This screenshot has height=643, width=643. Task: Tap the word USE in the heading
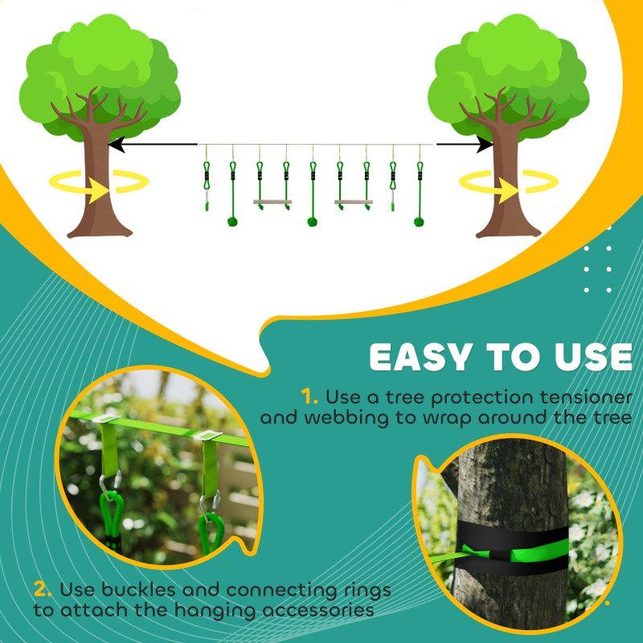click(x=590, y=358)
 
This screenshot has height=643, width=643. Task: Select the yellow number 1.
click(x=309, y=396)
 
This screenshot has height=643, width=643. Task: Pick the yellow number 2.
click(x=43, y=589)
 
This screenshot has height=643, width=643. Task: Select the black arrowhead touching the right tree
click(x=484, y=145)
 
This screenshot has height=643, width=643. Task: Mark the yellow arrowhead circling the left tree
click(x=98, y=190)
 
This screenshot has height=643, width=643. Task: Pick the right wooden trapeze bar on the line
click(x=353, y=202)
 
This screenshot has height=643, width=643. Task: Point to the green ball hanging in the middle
click(x=313, y=220)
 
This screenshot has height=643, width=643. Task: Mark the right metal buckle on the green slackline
click(x=210, y=436)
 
